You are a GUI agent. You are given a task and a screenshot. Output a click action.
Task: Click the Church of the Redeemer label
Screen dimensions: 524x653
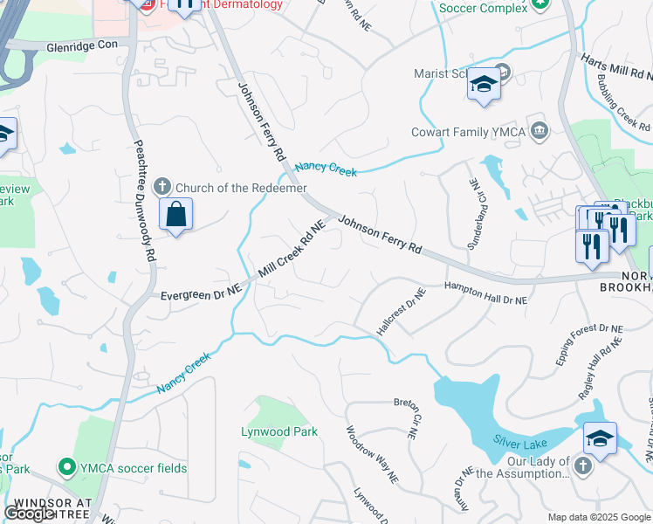point(241,188)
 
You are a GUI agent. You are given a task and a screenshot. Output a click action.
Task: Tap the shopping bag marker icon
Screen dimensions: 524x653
point(176,214)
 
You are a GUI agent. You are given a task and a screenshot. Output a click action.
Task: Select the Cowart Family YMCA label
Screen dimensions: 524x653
point(466,132)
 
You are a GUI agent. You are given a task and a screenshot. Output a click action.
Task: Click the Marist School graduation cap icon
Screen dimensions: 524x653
point(483,85)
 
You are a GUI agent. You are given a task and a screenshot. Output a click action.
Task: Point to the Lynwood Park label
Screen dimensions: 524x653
point(279,431)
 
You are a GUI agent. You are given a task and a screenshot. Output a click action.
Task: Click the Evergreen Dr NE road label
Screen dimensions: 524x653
point(200,295)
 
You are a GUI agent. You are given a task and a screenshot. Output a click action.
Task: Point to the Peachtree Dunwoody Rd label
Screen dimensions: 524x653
point(144,200)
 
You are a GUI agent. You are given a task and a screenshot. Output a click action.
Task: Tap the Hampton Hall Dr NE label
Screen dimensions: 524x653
point(486,293)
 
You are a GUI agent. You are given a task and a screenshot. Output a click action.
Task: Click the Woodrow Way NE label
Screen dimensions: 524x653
point(372,454)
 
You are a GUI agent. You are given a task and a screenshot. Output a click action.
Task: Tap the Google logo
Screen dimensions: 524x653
point(31,514)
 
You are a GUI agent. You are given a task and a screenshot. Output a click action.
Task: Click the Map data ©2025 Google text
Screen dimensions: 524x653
point(599,517)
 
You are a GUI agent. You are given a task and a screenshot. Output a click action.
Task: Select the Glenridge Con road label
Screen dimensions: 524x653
point(82,47)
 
